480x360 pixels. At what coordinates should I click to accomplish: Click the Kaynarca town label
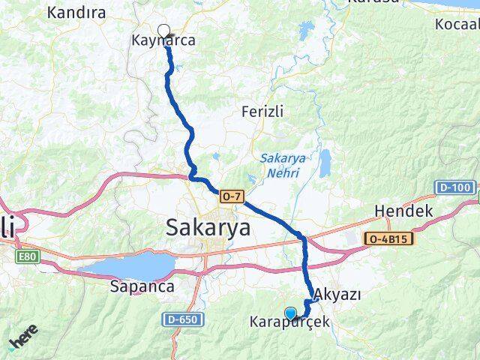(163, 42)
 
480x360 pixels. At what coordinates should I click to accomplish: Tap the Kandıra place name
(76, 12)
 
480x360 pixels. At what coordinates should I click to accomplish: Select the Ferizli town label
(262, 111)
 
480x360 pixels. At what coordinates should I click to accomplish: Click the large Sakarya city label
(208, 226)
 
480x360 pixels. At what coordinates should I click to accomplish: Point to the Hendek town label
(403, 211)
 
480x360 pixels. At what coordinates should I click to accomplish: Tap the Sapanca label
(142, 286)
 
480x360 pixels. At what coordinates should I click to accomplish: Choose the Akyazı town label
(338, 294)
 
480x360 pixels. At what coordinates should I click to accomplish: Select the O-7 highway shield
(231, 196)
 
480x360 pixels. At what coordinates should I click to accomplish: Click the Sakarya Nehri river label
(280, 166)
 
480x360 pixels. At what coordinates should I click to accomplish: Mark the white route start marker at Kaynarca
(164, 31)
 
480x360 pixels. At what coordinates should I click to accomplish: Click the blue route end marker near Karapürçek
(290, 313)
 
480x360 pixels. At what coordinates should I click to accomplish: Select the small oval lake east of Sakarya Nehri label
(325, 163)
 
